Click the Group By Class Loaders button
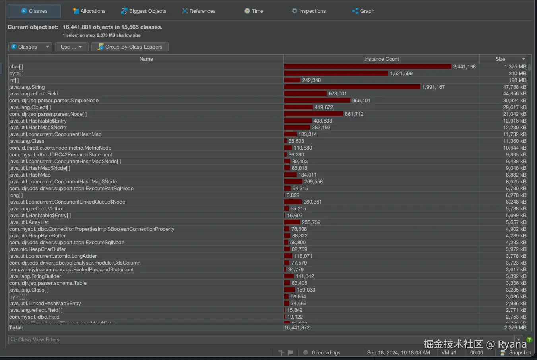point(130,47)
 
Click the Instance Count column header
point(381,59)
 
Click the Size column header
point(500,59)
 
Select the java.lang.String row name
point(27,87)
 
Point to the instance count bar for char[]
point(367,67)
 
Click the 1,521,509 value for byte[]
point(401,74)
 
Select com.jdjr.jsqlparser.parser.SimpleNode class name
point(54,101)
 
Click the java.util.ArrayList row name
point(29,222)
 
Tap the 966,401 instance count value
point(361,101)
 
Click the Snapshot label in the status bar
point(520,353)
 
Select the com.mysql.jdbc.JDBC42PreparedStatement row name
point(60,155)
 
